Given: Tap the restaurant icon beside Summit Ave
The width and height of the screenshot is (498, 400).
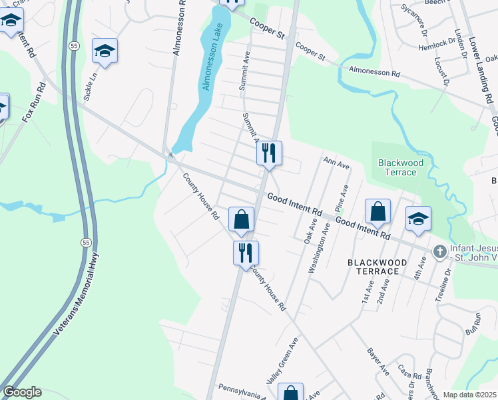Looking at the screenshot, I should click(x=270, y=154).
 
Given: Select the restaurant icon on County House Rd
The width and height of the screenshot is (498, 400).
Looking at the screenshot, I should click(x=246, y=253).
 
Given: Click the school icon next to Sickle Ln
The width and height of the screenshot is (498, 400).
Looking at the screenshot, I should click(x=105, y=51).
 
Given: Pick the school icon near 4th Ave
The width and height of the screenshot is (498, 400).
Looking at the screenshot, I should click(x=417, y=219).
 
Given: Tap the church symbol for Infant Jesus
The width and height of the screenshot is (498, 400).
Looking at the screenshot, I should click(x=439, y=251).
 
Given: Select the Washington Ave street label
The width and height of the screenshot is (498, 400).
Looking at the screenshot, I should click(x=320, y=249).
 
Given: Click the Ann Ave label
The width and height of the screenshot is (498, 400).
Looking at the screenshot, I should click(x=336, y=163).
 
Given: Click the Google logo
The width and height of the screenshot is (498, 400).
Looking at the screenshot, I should click(x=22, y=392).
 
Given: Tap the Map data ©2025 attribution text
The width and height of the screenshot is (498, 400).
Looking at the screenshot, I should click(x=469, y=395).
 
